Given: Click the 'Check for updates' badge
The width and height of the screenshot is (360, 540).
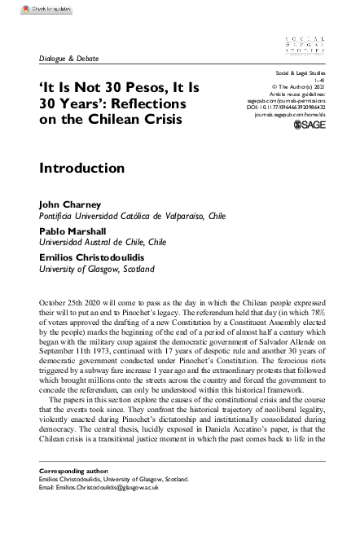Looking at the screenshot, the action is click(38, 9).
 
